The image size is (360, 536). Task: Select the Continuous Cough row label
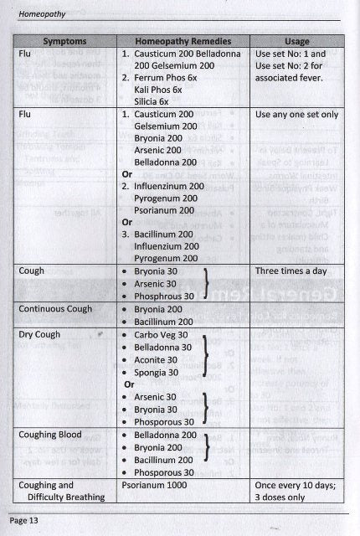(x=59, y=309)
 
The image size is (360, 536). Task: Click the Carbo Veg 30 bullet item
(x=162, y=333)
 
